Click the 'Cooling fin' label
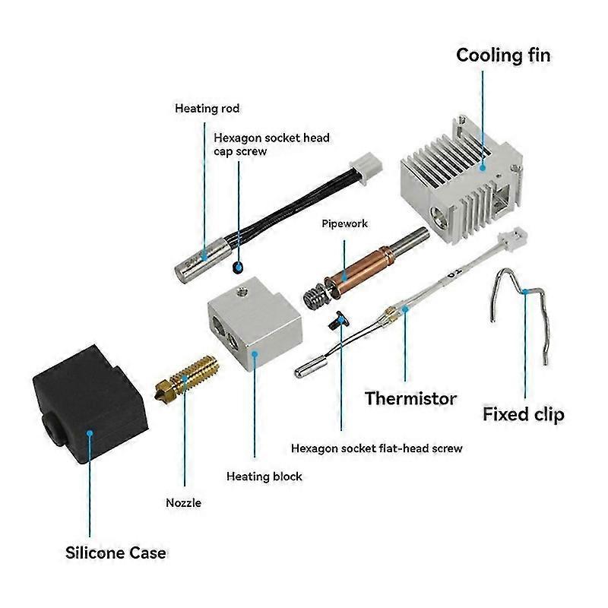tap(502, 55)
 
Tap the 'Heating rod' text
tap(207, 109)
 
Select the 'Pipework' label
tap(344, 224)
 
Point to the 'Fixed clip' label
tap(524, 415)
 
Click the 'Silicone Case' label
tap(116, 553)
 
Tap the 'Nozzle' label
tap(183, 502)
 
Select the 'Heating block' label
tap(264, 477)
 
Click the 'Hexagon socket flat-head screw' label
tap(377, 448)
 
